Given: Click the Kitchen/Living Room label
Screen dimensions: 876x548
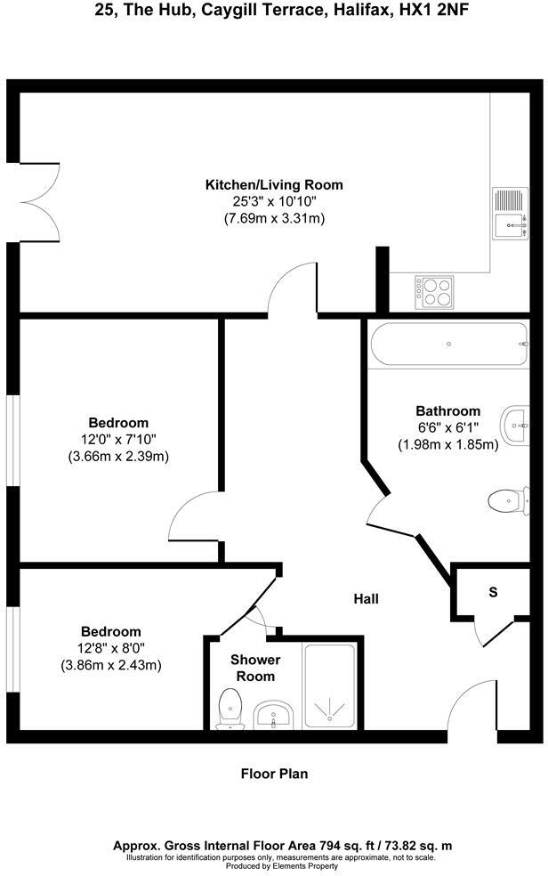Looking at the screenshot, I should point(274,185).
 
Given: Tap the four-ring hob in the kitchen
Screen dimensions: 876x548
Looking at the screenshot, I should point(433,290).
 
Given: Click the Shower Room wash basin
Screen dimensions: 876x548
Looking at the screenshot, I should point(274,715).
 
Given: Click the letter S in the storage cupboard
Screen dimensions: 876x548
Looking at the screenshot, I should point(492,592).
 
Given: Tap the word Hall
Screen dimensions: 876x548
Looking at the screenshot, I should point(366,599).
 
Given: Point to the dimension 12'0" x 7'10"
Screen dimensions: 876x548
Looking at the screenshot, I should point(118,439).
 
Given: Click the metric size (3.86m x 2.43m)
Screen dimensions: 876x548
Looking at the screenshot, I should point(111,665).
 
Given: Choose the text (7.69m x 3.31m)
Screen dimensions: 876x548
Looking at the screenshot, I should point(274,217).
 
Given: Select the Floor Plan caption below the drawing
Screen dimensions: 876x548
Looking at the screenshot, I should point(274,774).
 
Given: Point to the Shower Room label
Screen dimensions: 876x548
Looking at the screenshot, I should point(255,668).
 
